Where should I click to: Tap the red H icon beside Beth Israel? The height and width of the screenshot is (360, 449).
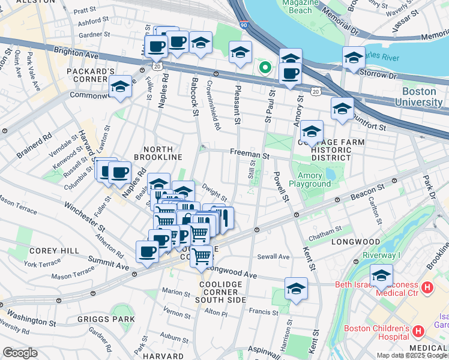[x=427, y=288]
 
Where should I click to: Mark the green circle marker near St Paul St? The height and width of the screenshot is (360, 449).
[x=264, y=67]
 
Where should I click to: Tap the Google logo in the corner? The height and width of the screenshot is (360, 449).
[x=20, y=352]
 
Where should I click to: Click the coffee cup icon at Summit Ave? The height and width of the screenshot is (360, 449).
[x=147, y=252]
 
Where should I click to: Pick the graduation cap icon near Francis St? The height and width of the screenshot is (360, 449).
[x=296, y=289]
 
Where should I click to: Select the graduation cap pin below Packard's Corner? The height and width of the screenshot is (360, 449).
[x=120, y=88]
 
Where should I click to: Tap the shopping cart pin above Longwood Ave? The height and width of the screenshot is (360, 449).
[x=202, y=256]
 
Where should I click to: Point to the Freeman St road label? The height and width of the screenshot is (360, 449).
[x=249, y=154]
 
